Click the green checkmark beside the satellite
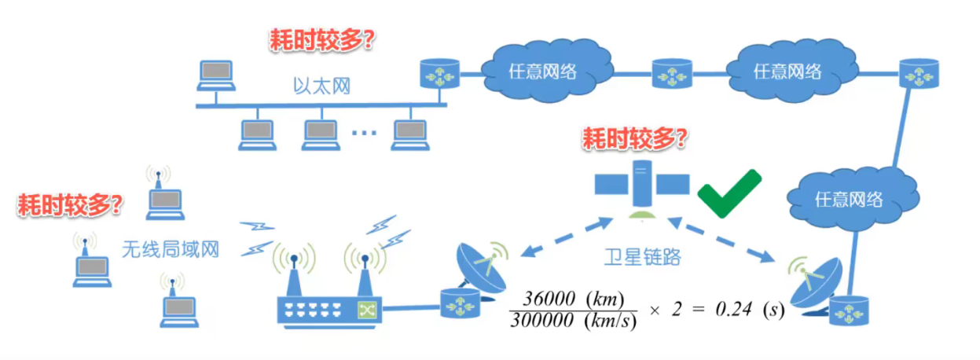tap(729, 193)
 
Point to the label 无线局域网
tap(170, 250)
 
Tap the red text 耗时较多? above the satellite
tap(634, 139)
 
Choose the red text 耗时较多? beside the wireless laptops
tap(70, 205)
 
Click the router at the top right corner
tap(918, 72)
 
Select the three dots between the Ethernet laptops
tap(364, 133)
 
